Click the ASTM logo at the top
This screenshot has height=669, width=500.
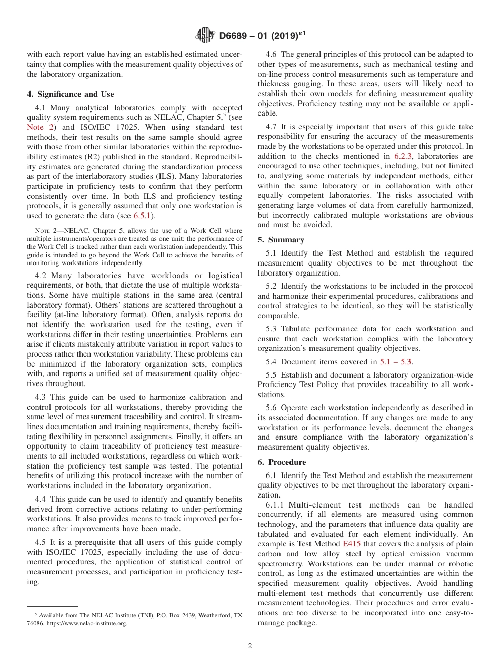205,35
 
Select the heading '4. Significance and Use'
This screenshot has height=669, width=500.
71,94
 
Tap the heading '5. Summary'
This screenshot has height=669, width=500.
281,240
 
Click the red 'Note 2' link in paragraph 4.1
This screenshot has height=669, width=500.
41,127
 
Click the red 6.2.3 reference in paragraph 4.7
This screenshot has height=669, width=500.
404,156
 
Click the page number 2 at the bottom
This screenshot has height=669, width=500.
250,646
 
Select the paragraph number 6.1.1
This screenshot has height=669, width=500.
276,504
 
